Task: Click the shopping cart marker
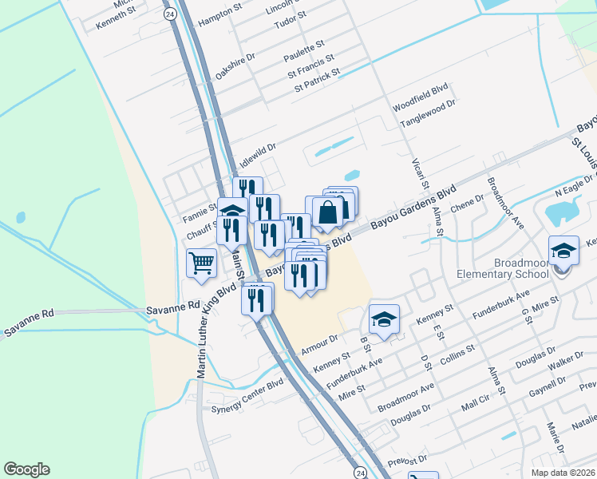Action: point(202,261)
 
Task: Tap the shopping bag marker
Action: point(328,212)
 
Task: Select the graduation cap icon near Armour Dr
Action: point(384,319)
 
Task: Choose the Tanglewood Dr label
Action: point(427,113)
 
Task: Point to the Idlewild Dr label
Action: point(258,153)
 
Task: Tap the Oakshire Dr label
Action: point(235,65)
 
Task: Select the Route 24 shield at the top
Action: point(169,14)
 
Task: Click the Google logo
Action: point(26,469)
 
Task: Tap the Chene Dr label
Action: point(468,204)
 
